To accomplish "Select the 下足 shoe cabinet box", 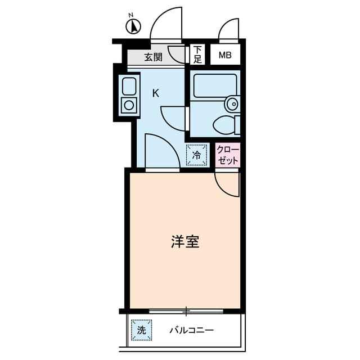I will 197,54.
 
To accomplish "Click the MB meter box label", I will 225,55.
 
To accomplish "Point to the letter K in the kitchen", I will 156,93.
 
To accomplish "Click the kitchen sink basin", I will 129,87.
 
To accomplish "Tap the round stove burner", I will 129,105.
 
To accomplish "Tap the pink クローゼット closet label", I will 228,155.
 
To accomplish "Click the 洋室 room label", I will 185,242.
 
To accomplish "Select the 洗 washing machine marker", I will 141,330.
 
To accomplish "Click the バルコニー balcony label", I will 192,330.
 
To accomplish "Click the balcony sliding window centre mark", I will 186,310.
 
